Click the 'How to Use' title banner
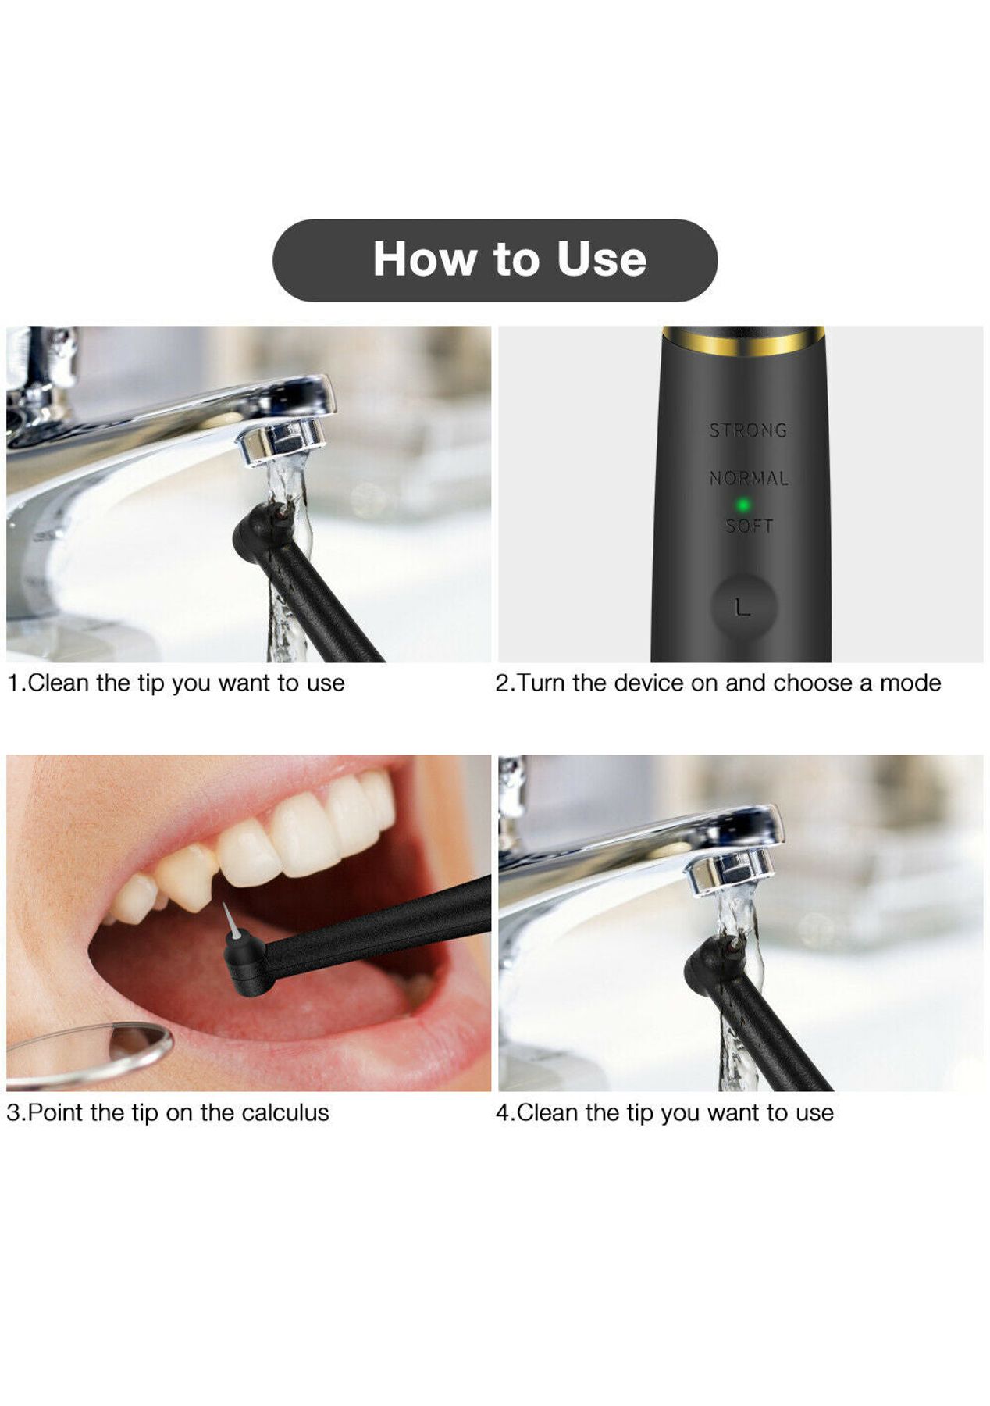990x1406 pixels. [x=494, y=260]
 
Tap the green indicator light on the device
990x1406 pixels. [x=743, y=505]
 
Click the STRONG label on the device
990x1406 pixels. [x=748, y=430]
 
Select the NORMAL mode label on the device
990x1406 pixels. [x=749, y=477]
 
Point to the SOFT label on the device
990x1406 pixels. [x=750, y=526]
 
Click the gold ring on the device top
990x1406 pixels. [x=743, y=340]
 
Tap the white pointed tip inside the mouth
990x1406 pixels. [x=228, y=919]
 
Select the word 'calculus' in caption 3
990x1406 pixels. [x=285, y=1112]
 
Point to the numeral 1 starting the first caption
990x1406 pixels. [x=12, y=683]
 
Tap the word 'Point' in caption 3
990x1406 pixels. [x=55, y=1112]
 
